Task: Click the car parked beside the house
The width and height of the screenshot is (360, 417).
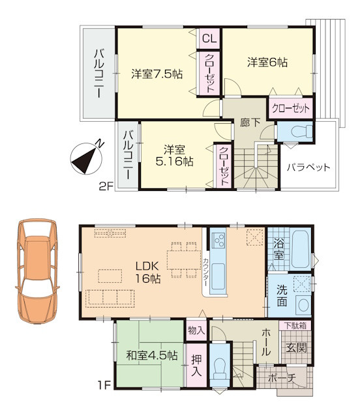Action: click(37, 271)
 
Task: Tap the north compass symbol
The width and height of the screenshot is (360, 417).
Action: click(86, 158)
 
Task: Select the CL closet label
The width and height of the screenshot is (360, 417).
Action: click(209, 39)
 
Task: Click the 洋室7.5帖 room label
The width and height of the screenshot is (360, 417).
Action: click(157, 74)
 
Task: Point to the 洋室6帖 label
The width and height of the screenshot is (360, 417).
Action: click(267, 63)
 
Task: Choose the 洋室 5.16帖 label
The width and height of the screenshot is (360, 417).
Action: click(174, 156)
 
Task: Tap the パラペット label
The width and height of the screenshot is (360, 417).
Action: click(308, 167)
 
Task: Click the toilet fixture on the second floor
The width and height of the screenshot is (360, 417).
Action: click(301, 132)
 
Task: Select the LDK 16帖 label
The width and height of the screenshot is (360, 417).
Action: click(148, 272)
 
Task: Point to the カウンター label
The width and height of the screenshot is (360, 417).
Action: click(205, 272)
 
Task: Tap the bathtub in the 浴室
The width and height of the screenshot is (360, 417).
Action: click(300, 250)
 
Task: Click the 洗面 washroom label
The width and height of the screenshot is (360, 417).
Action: click(282, 295)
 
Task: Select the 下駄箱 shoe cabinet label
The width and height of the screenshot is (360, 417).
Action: click(295, 326)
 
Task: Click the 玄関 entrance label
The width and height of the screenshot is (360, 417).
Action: click(296, 347)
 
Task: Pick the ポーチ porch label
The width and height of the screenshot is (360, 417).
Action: click(282, 378)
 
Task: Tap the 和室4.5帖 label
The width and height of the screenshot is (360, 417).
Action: click(152, 355)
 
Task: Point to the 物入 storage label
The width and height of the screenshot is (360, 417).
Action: click(196, 330)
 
